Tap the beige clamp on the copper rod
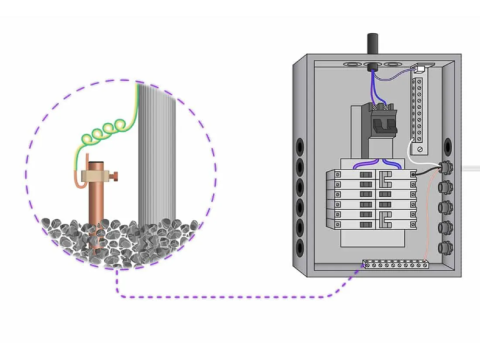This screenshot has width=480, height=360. click(97, 177)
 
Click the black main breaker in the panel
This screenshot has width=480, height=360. click(383, 120)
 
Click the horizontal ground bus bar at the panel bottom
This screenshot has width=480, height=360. click(396, 264)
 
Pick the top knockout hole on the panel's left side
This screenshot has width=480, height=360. click(300, 139)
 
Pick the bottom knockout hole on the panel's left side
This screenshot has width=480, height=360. click(300, 245)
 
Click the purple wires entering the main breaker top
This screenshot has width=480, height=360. click(377, 84)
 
